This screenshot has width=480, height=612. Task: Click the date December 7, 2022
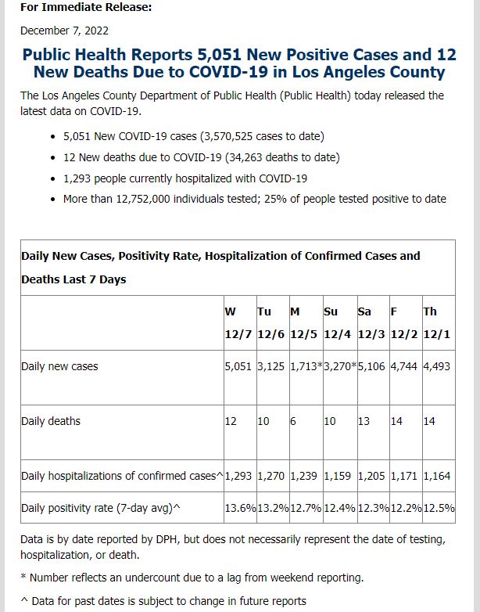click(x=64, y=31)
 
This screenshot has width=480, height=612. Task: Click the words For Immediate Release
click(x=86, y=7)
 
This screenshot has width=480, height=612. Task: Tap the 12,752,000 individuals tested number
click(x=143, y=199)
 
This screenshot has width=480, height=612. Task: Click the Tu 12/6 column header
click(x=270, y=322)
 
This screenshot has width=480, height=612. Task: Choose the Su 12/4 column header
click(x=337, y=322)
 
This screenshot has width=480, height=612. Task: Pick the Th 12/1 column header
click(x=437, y=322)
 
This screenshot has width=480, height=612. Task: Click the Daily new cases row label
click(x=59, y=366)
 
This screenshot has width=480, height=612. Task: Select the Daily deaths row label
click(x=51, y=421)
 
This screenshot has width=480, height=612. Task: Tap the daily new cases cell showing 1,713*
click(x=306, y=366)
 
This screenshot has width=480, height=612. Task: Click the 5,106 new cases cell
click(x=371, y=366)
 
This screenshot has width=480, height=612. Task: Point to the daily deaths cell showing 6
click(x=293, y=421)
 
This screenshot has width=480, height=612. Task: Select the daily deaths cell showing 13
click(x=364, y=421)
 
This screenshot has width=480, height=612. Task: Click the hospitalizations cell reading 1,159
click(x=337, y=476)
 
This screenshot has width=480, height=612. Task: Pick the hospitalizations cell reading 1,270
click(x=270, y=476)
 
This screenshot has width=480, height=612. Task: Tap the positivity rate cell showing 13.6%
click(x=240, y=508)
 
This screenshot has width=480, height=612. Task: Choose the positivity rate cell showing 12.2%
click(x=406, y=508)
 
